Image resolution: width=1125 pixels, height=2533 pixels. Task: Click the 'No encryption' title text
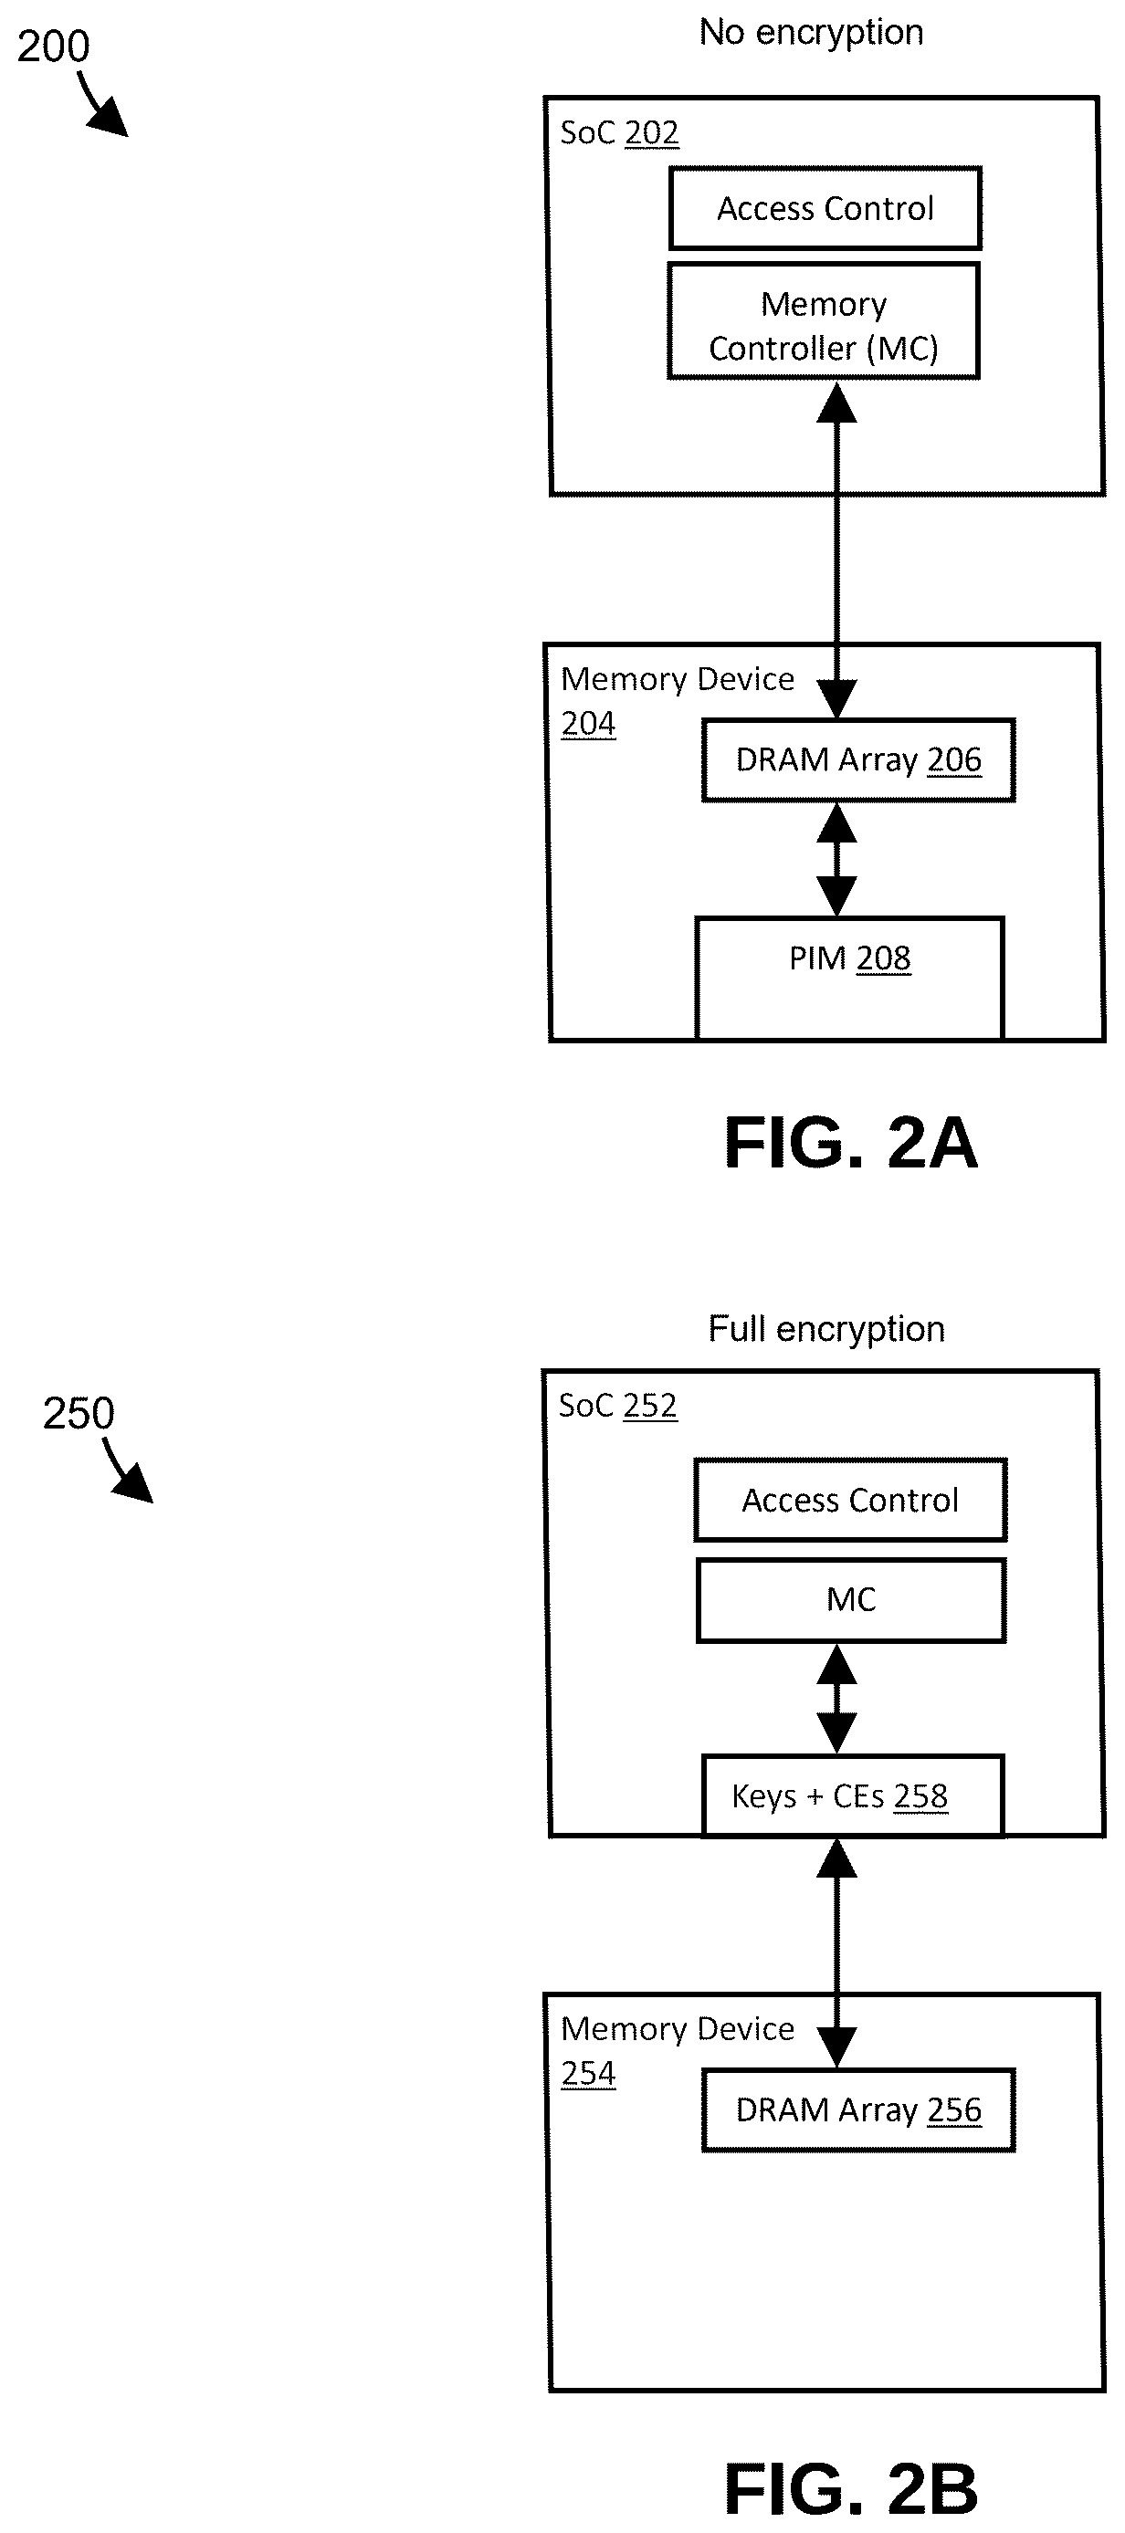point(811,33)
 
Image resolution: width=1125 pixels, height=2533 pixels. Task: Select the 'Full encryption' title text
point(826,1329)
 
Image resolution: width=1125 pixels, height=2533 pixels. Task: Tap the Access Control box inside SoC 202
point(825,208)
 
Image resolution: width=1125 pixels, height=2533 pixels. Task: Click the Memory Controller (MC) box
point(824,320)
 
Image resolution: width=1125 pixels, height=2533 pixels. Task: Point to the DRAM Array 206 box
point(858,760)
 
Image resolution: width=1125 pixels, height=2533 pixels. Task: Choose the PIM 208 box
point(849,978)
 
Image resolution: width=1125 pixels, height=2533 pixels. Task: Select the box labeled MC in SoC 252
point(851,1600)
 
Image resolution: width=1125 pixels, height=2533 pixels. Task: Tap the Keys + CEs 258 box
point(853,1795)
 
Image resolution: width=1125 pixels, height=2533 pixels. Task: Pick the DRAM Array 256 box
point(858,2110)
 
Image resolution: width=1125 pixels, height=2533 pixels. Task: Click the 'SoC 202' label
point(619,132)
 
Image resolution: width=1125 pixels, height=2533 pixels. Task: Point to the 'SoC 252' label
point(617,1406)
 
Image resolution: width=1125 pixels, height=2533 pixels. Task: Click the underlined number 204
point(588,724)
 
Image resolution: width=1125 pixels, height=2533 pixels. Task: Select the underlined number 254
point(588,2074)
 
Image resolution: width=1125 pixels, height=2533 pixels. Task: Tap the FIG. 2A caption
point(852,1143)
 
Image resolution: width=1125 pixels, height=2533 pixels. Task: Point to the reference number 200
point(53,47)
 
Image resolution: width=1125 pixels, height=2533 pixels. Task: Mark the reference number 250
point(79,1414)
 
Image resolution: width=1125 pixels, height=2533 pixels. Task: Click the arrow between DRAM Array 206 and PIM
point(836,860)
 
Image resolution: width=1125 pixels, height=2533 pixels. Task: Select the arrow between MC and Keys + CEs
point(836,1699)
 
